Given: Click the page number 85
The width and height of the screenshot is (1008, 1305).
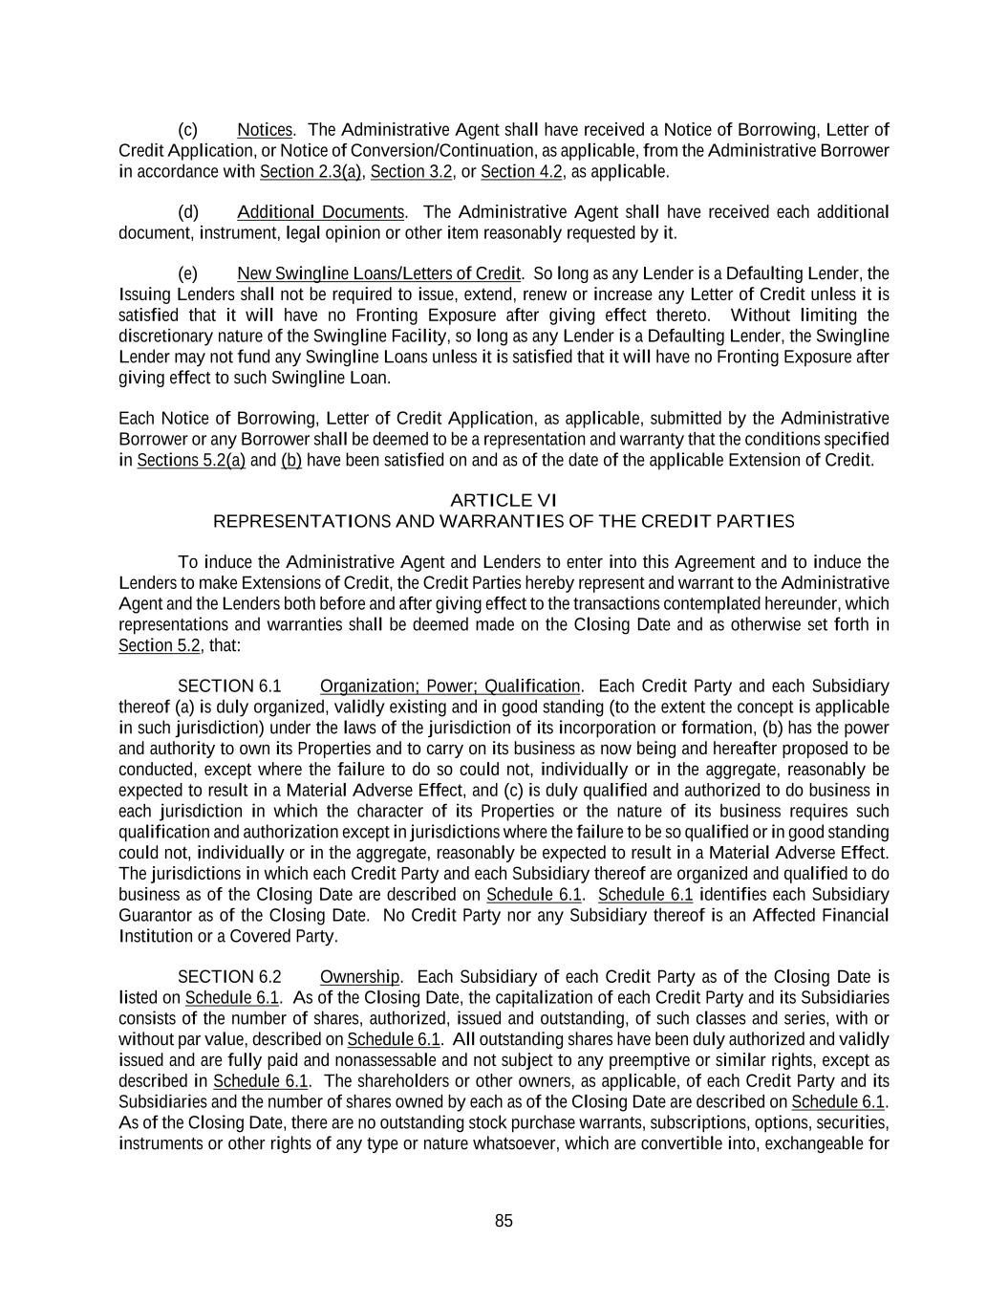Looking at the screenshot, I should click(504, 1220).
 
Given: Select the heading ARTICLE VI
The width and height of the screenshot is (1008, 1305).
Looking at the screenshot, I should click(503, 500).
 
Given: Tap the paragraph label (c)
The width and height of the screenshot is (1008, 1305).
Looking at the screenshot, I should click(188, 129).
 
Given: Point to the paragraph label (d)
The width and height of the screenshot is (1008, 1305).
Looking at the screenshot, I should click(188, 211).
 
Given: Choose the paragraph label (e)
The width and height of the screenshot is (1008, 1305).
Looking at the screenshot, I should click(188, 273).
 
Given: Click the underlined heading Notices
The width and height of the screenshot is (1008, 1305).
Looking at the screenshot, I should click(265, 129).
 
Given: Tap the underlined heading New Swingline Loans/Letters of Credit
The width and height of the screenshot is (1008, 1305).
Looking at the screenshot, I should click(379, 273).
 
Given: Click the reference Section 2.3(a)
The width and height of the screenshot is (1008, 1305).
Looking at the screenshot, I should click(311, 171).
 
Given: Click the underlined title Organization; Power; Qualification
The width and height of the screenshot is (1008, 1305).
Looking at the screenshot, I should click(450, 686).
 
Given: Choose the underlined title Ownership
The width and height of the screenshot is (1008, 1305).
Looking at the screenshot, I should click(359, 976).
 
